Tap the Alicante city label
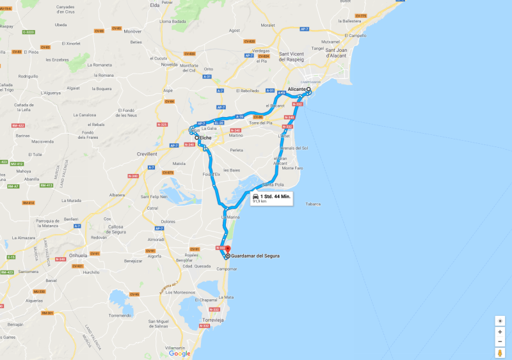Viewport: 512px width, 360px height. coord(296,89)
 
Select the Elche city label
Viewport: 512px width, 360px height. coord(205,138)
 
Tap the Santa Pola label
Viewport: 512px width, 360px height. coord(272,184)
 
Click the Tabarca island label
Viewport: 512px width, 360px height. coord(313,204)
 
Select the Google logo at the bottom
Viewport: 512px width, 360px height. coord(180,353)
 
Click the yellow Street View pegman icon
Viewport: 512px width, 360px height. coord(500,352)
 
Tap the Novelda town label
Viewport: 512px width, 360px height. coord(169,65)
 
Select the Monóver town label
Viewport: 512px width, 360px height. coord(132,31)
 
